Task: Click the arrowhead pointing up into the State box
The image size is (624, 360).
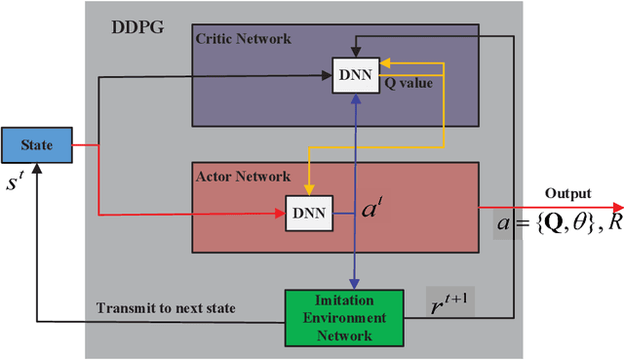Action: point(36,170)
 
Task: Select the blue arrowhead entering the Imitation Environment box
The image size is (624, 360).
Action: point(354,284)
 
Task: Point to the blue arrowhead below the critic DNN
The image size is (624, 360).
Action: point(354,101)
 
